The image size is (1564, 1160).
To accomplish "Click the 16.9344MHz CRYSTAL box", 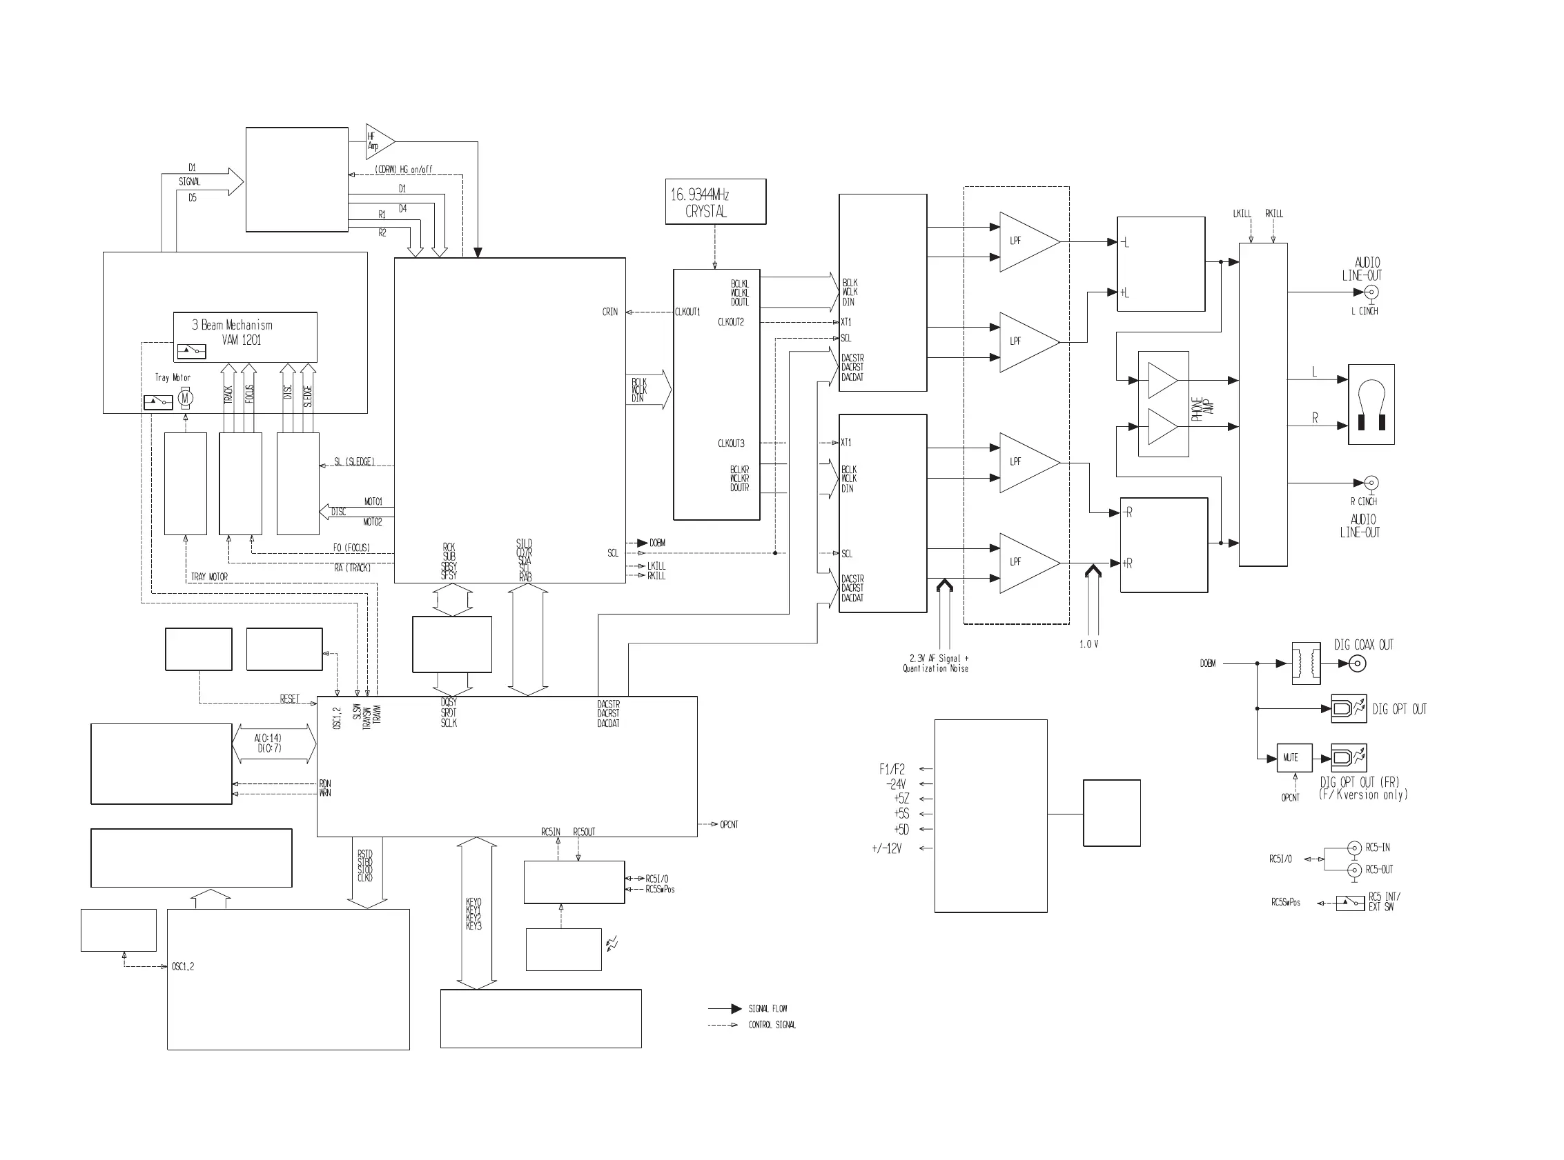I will click(715, 201).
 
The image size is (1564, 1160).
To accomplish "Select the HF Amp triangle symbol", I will click(378, 141).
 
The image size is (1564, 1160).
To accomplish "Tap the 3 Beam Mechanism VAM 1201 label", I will click(233, 332).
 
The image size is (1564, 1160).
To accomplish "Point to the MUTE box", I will click(1293, 758).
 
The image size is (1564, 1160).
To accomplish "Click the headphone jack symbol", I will click(1371, 403).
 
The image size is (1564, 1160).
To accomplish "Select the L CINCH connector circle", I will click(1371, 292).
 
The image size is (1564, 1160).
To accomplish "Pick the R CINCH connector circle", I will click(1371, 483).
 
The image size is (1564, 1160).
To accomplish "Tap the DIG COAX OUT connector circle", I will click(1358, 663).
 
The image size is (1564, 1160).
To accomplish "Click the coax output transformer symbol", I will click(1306, 663).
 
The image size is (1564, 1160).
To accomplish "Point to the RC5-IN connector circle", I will click(1355, 848).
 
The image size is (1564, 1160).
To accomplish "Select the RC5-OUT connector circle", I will click(1355, 870).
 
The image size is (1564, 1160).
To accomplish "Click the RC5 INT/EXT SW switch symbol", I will click(1350, 902).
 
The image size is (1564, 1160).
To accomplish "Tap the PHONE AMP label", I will click(1198, 410).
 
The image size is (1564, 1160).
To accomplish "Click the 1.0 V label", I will click(1088, 644).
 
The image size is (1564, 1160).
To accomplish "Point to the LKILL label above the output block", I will click(1242, 214).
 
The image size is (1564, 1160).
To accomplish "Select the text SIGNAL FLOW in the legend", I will click(768, 1008).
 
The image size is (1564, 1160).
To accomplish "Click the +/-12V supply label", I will click(887, 848).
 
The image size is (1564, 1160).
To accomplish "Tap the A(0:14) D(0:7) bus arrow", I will click(274, 743).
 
